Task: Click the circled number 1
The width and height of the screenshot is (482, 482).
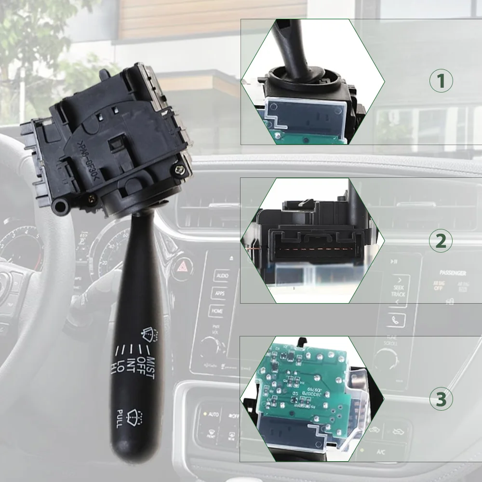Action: click(441, 81)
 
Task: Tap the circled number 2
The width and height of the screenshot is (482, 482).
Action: click(441, 241)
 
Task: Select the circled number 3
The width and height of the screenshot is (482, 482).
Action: click(441, 400)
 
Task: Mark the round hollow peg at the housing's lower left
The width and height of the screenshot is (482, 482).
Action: click(61, 207)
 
